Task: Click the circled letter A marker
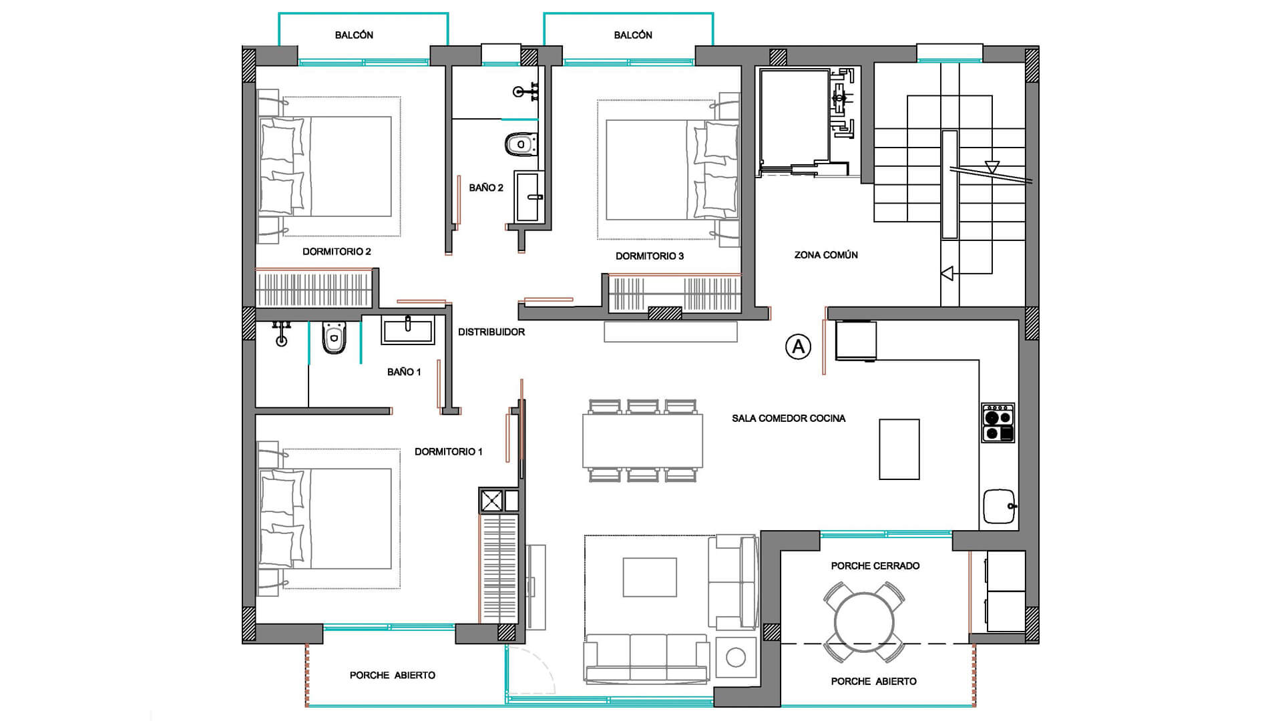798,346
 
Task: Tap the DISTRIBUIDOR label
491,332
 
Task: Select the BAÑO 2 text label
486,188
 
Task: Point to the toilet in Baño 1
334,338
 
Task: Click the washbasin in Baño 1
408,330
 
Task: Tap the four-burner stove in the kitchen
998,423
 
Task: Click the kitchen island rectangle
899,449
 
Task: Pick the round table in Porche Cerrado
864,622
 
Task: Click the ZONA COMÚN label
826,255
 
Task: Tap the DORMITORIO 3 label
650,256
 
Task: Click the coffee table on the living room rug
650,577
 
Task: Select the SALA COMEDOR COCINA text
789,419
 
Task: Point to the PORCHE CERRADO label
875,566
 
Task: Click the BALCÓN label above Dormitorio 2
354,35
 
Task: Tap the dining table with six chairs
643,441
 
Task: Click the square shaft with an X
492,501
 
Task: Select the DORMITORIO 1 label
449,452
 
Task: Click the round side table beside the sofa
736,658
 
